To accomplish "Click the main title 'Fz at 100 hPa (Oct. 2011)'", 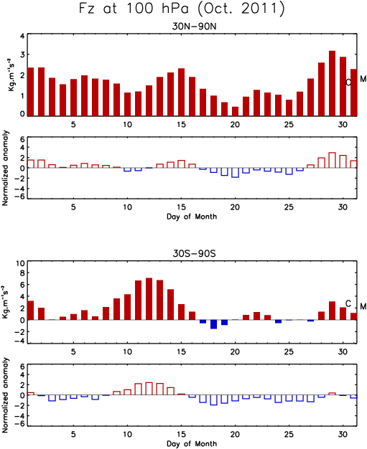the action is click(x=182, y=9).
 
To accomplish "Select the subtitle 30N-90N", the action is click(x=194, y=27).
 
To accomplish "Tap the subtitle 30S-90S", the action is click(x=194, y=254).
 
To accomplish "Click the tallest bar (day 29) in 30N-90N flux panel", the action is click(x=332, y=83).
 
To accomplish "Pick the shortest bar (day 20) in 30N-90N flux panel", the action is click(x=235, y=111).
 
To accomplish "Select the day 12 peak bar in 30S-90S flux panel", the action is click(x=149, y=299).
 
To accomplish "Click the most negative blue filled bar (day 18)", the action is click(x=213, y=324).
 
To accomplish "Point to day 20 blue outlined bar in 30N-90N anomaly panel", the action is click(x=235, y=173).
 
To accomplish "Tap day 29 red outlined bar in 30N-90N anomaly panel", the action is click(x=332, y=160).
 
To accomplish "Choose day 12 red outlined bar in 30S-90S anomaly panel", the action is click(x=149, y=389).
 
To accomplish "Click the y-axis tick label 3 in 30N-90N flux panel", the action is click(x=22, y=55).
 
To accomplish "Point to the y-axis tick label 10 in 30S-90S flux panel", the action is click(x=21, y=263).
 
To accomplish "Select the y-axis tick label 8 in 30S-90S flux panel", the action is click(x=22, y=273).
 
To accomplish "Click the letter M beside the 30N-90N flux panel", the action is click(x=363, y=79).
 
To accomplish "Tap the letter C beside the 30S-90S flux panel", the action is click(x=348, y=303).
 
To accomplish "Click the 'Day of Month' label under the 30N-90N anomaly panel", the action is click(x=192, y=217).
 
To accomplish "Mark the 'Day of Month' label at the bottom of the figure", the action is click(x=192, y=443).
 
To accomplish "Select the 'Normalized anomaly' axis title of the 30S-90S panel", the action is click(x=6, y=395).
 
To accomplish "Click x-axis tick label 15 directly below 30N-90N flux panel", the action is click(x=181, y=125).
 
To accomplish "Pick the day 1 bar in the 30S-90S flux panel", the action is click(x=30, y=311).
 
